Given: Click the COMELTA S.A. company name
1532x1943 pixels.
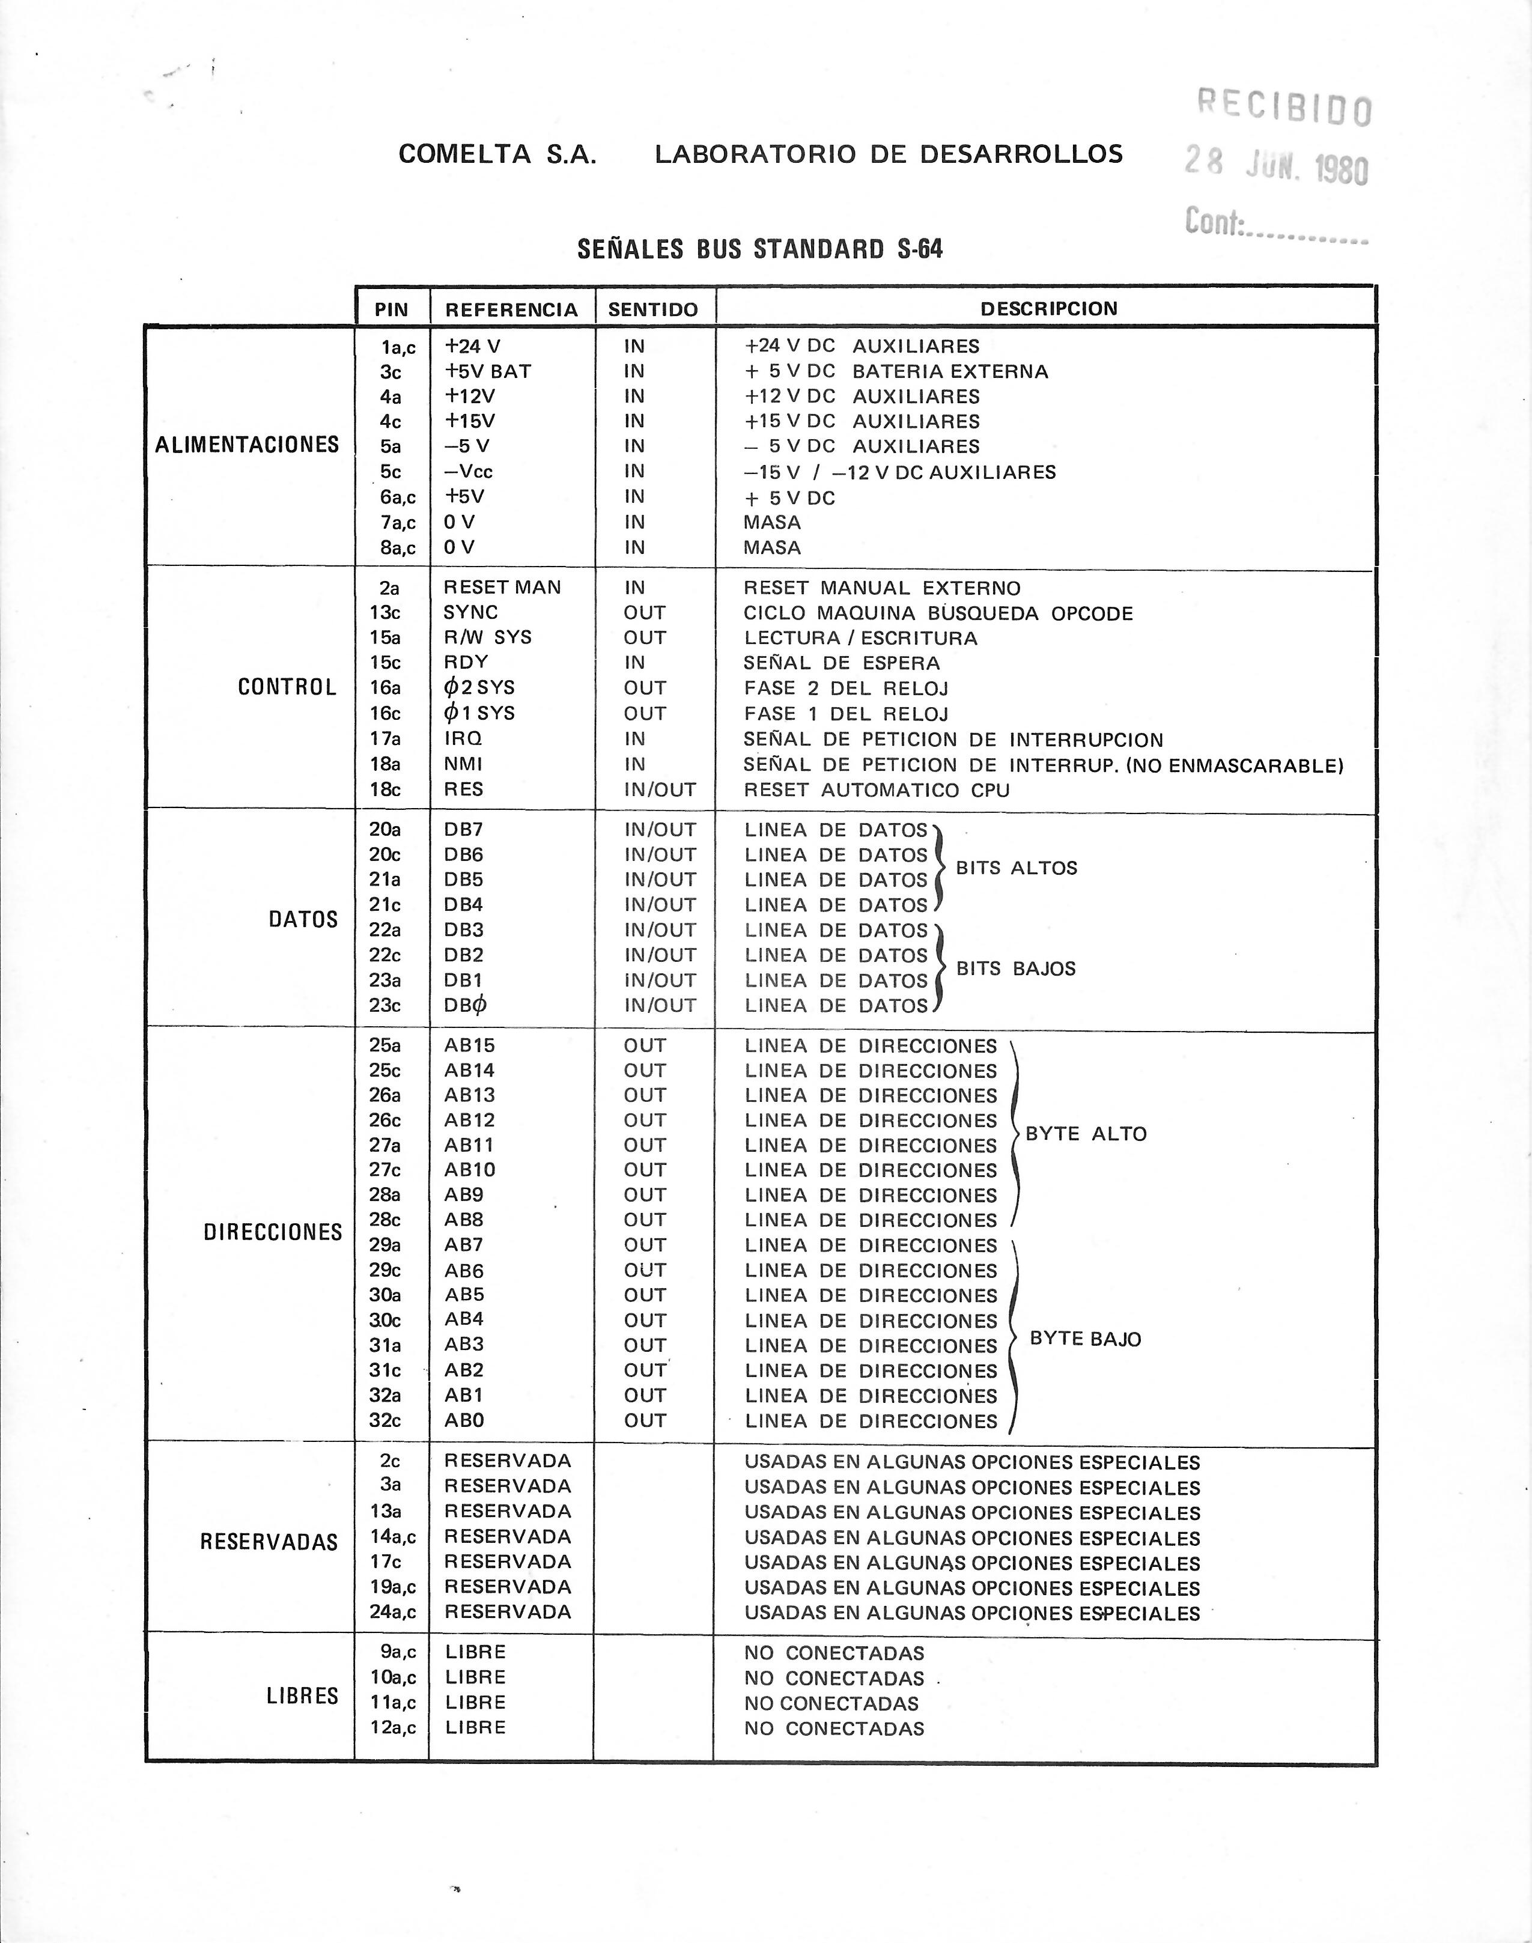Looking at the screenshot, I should click(497, 154).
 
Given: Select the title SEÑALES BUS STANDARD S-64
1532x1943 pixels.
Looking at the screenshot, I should click(760, 249).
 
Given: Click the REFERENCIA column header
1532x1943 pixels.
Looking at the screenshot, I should click(511, 309).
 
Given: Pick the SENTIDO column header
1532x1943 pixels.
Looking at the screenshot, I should click(653, 309).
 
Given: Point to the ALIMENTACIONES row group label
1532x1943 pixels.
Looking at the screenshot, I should click(247, 445).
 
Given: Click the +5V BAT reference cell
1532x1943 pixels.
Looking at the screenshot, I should click(488, 371).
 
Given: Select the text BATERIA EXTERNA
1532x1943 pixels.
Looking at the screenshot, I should click(950, 371).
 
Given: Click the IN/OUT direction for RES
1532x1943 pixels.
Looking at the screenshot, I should click(660, 789).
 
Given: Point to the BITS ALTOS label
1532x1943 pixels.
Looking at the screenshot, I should click(1017, 868).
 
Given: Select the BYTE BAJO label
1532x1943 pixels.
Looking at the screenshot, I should click(1085, 1339).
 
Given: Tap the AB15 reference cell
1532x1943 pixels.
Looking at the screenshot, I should click(469, 1045).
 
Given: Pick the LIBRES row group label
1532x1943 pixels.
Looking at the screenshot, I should click(302, 1695).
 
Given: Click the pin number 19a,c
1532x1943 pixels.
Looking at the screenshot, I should click(393, 1587).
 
